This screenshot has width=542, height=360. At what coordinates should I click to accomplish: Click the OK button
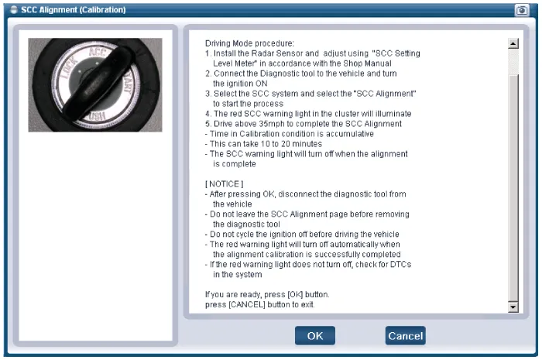315,335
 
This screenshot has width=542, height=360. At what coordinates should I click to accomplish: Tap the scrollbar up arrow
513,43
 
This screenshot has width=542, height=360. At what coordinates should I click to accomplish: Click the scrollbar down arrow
513,307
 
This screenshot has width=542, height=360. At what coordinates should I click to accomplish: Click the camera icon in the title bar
522,10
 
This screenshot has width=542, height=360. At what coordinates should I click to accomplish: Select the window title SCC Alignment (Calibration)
74,9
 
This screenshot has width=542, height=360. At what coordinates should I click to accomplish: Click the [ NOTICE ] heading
224,183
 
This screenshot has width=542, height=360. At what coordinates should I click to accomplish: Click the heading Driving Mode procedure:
249,43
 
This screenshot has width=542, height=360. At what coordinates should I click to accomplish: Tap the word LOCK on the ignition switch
69,69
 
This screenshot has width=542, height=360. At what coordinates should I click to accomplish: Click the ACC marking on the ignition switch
97,52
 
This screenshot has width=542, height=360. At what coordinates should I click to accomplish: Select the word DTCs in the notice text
400,264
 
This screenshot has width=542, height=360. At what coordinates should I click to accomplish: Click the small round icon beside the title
14,9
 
